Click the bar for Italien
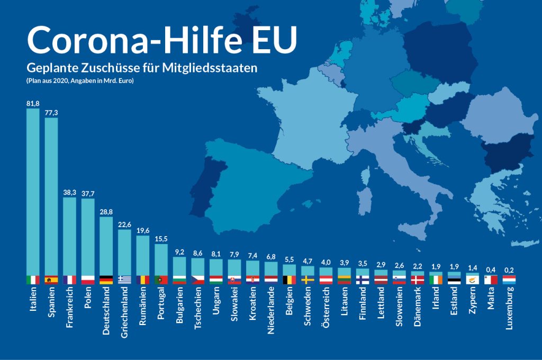(x=33, y=191)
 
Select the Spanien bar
(x=51, y=196)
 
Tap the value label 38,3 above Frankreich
(x=69, y=194)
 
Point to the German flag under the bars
(x=106, y=280)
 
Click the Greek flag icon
(x=124, y=280)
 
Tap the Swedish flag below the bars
(x=308, y=280)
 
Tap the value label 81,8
(x=33, y=104)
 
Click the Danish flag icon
(x=417, y=280)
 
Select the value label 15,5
(x=161, y=239)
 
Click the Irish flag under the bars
(x=436, y=280)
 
